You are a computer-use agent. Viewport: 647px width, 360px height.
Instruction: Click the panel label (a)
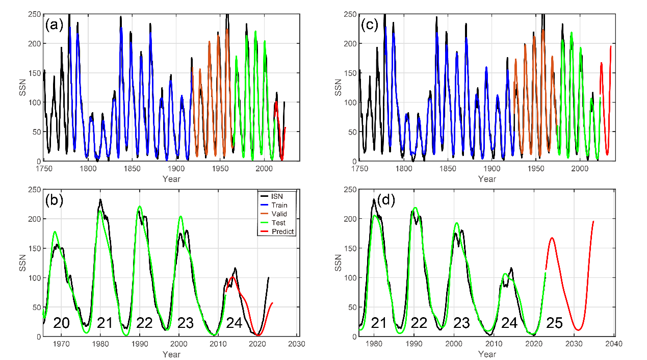(x=54, y=25)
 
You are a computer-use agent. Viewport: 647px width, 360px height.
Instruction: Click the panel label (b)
(x=54, y=200)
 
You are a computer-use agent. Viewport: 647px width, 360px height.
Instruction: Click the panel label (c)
(x=370, y=25)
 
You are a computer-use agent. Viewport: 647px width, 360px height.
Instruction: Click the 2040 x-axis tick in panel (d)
(x=614, y=344)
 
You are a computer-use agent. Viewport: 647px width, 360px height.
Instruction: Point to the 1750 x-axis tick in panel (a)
(x=44, y=168)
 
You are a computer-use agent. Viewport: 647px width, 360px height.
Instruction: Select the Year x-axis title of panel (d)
(x=487, y=353)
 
